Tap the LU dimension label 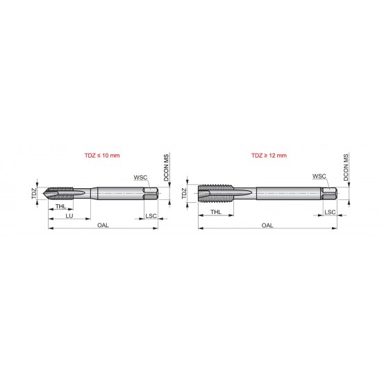pyautogui.click(x=69, y=217)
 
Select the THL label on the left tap pyautogui.click(x=61, y=207)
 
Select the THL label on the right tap pyautogui.click(x=216, y=212)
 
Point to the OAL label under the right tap pyautogui.click(x=267, y=226)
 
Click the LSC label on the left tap pyautogui.click(x=151, y=217)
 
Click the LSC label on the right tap pyautogui.click(x=331, y=211)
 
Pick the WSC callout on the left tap pyautogui.click(x=140, y=177)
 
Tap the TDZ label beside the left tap pyautogui.click(x=33, y=193)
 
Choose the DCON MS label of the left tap pyautogui.click(x=166, y=169)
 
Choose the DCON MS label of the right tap pyautogui.click(x=345, y=168)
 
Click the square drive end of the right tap pyautogui.click(x=331, y=194)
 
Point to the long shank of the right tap pyautogui.click(x=285, y=194)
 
